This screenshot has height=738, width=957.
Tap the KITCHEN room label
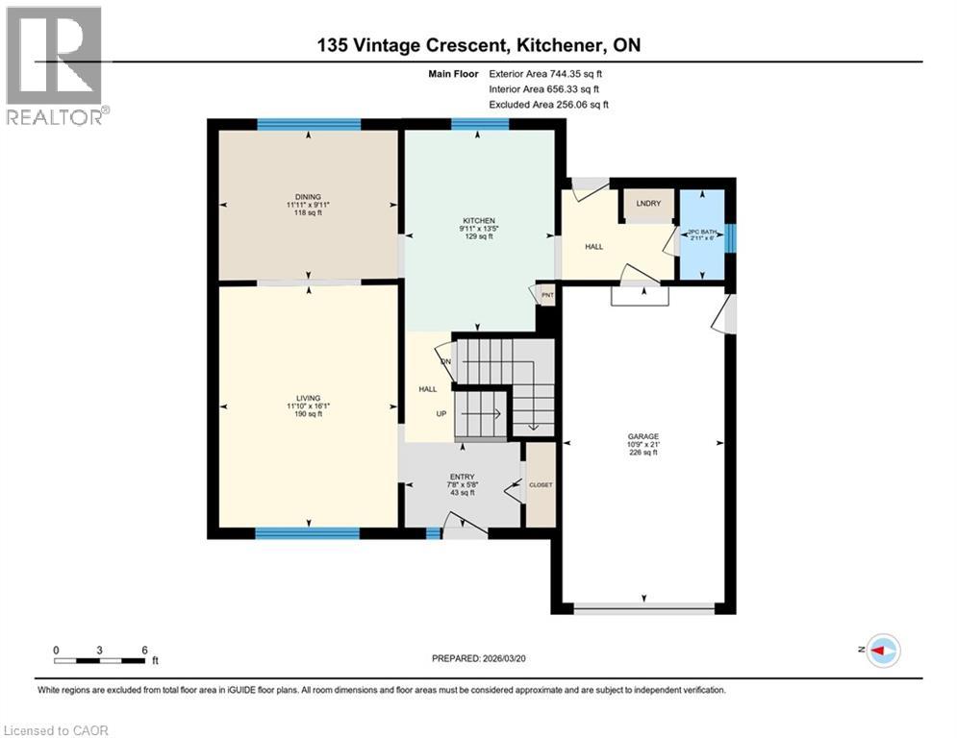pyautogui.click(x=479, y=221)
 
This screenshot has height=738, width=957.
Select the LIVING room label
pyautogui.click(x=309, y=398)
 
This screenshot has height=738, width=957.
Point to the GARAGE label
pyautogui.click(x=642, y=435)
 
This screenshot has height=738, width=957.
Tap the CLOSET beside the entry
pyautogui.click(x=541, y=485)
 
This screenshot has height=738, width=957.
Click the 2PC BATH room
pyautogui.click(x=701, y=233)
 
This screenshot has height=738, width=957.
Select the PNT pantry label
pyautogui.click(x=547, y=295)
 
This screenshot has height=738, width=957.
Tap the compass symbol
pyautogui.click(x=882, y=651)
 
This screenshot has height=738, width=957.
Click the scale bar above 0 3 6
pyautogui.click(x=100, y=660)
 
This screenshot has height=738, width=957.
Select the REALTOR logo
pyautogui.click(x=56, y=66)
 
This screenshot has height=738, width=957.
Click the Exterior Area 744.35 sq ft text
pyautogui.click(x=550, y=73)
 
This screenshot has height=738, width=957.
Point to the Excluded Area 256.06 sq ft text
pyautogui.click(x=549, y=105)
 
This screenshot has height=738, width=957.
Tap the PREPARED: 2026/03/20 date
pyautogui.click(x=478, y=658)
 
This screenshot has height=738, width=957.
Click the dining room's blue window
pyautogui.click(x=309, y=124)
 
